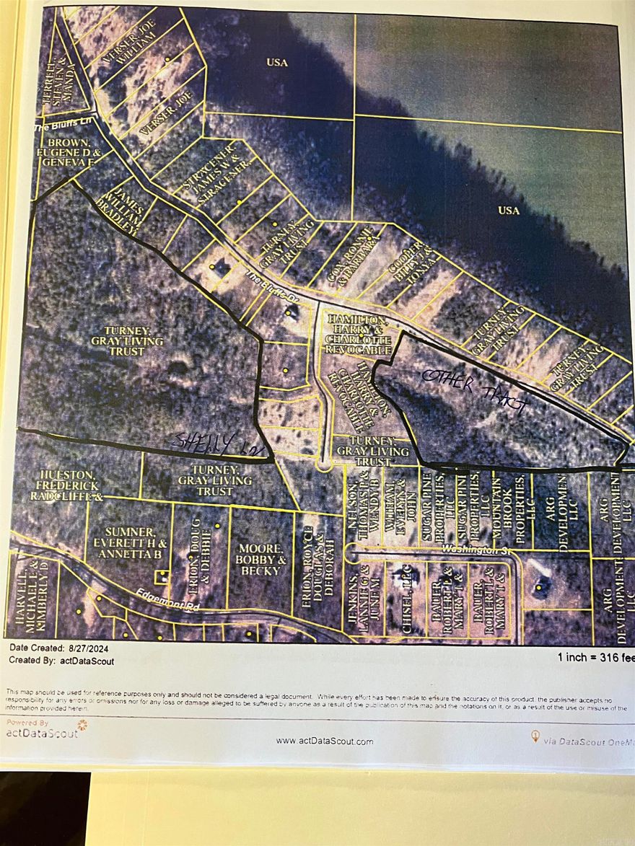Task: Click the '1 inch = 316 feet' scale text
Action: coord(595,658)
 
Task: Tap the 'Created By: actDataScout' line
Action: coord(61,661)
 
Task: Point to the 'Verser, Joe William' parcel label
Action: coord(131,47)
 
